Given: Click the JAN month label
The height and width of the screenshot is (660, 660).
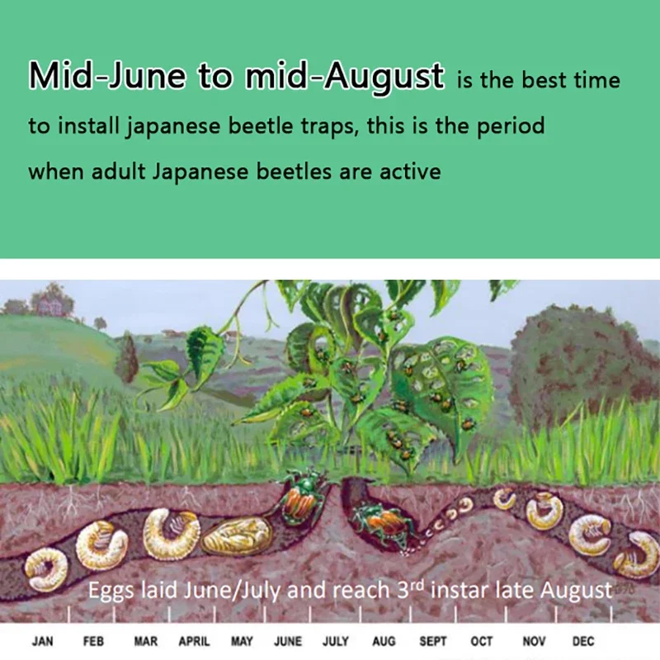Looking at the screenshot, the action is [43, 641].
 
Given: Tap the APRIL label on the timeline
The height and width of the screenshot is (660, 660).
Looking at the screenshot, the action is [194, 641].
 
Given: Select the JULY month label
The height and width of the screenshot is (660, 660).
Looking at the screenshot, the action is [336, 641].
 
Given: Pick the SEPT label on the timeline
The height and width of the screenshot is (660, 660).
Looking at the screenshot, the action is [432, 641].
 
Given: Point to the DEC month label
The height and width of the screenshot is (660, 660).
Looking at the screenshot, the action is [583, 641].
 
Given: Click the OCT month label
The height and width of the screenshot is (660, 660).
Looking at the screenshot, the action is [482, 641].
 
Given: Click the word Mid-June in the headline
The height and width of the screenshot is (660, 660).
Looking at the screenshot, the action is [107, 75].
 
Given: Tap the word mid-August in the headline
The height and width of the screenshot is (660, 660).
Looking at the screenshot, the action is [344, 76].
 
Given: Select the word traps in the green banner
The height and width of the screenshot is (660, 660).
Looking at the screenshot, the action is [330, 126].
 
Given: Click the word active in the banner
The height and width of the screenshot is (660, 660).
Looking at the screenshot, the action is [410, 172].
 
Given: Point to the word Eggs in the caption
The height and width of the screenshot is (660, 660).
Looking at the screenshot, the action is [111, 591].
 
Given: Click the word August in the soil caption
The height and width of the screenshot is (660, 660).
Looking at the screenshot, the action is [576, 591].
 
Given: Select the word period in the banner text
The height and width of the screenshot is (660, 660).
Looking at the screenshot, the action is [510, 126].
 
